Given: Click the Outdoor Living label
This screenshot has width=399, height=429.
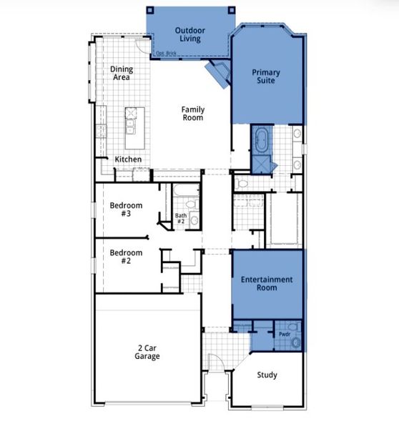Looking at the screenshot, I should pyautogui.click(x=189, y=34).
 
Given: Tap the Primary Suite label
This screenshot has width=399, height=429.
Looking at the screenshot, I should pyautogui.click(x=265, y=77).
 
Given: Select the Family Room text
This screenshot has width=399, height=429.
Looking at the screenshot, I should pyautogui.click(x=193, y=113).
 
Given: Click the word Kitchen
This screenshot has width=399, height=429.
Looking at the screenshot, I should pyautogui.click(x=128, y=159).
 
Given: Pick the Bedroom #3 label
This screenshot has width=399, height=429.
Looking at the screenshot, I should pyautogui.click(x=126, y=209).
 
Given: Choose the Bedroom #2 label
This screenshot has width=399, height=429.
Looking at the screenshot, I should pyautogui.click(x=126, y=257).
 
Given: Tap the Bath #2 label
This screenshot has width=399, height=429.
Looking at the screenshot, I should pyautogui.click(x=181, y=219).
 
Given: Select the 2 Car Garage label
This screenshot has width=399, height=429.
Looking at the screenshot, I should pyautogui.click(x=149, y=352).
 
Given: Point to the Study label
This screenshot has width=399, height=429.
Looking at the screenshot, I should pyautogui.click(x=267, y=375).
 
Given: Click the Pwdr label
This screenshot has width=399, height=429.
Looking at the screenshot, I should pyautogui.click(x=284, y=333).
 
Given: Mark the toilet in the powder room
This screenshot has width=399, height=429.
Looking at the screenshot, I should pyautogui.click(x=295, y=342).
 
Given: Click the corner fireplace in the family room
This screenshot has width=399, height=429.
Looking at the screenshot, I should pyautogui.click(x=217, y=72).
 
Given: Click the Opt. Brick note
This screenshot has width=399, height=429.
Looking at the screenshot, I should pyautogui.click(x=165, y=53).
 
